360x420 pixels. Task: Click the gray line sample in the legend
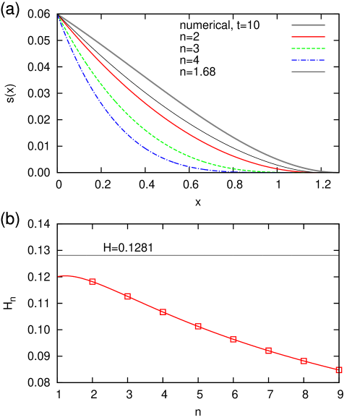pos(308,25)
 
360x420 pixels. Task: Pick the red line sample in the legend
pos(308,36)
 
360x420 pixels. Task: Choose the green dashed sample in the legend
pos(308,48)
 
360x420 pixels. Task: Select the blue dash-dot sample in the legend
pos(308,60)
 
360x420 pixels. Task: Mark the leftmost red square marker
pos(93,281)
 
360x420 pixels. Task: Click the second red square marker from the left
pos(128,296)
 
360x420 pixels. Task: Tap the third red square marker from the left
pos(163,312)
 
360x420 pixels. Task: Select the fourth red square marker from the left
pos(198,326)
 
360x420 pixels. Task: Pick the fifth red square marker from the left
pos(233,339)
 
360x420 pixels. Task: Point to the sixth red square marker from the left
pos(268,351)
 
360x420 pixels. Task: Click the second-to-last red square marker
pos(304,361)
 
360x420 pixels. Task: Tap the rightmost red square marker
pos(338,370)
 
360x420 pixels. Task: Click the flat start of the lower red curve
pos(65,276)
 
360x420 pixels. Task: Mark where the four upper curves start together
pos(59,14)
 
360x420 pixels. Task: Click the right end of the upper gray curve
pos(337,172)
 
